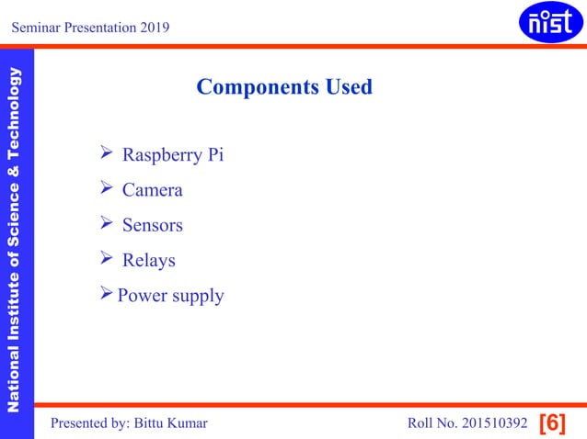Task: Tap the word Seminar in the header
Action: click(x=35, y=28)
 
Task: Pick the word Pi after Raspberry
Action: click(x=214, y=154)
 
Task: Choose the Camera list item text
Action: click(x=153, y=190)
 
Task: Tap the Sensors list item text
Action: click(x=153, y=225)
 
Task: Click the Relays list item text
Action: click(x=149, y=261)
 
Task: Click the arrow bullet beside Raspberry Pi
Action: click(x=106, y=153)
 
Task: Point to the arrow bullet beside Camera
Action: click(x=106, y=189)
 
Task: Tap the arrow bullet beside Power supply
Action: click(x=106, y=295)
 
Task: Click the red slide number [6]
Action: click(x=551, y=423)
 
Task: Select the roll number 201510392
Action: click(x=492, y=423)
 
